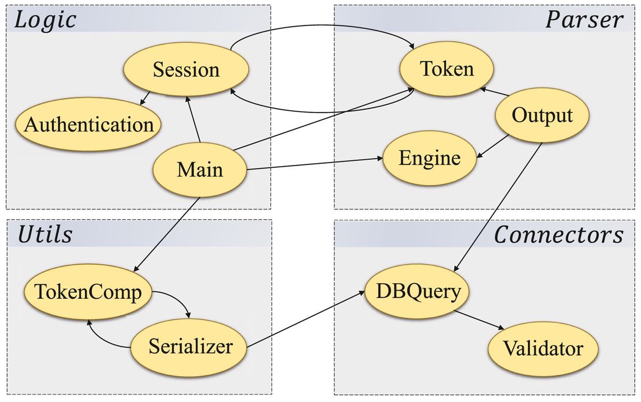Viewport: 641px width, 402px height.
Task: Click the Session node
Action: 186,70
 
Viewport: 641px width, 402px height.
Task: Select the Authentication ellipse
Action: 88,125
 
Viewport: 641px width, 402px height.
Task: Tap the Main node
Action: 199,170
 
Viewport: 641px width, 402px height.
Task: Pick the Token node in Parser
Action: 447,69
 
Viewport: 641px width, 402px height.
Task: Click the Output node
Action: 542,115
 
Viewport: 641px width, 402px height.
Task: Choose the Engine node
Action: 430,158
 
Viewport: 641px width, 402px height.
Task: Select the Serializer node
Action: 190,347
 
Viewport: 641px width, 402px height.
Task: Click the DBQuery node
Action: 418,291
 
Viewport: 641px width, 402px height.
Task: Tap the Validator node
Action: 543,348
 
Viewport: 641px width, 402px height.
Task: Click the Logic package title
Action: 46,20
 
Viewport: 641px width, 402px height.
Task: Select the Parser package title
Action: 584,20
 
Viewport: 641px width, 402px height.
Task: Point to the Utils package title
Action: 45,235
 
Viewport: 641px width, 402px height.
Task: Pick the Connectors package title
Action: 558,235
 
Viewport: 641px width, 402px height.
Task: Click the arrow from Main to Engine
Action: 315,163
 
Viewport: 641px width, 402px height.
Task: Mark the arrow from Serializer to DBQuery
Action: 306,321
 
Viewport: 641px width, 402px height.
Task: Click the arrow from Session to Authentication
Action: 144,98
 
